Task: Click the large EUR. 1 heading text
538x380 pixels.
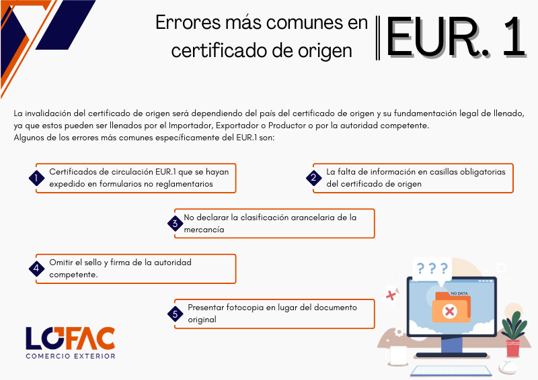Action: (456, 38)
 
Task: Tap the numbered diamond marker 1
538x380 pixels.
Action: (36, 178)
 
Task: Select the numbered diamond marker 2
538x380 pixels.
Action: (313, 178)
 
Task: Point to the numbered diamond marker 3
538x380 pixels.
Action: (175, 224)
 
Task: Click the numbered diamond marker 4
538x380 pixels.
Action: (36, 269)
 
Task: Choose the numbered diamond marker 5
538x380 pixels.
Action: (175, 314)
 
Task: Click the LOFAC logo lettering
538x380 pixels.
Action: (71, 338)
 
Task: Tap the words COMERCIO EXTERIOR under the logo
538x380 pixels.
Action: (71, 357)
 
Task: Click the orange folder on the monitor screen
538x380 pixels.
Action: (451, 307)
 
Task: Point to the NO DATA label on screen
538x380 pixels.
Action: (459, 293)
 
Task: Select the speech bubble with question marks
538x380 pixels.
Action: (432, 270)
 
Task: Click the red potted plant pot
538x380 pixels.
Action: (513, 348)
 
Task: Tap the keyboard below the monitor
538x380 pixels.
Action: (451, 371)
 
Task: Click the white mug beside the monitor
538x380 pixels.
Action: (397, 355)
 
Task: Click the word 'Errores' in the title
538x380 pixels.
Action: (188, 23)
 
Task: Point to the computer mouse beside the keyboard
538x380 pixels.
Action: (508, 367)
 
